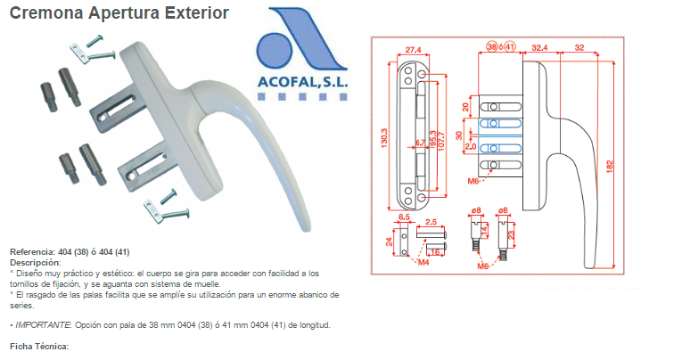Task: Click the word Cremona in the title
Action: pyautogui.click(x=46, y=13)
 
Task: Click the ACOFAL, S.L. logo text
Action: pyautogui.click(x=303, y=81)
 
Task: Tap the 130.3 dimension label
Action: pyautogui.click(x=384, y=138)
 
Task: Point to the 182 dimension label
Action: pyautogui.click(x=610, y=167)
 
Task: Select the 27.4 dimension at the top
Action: pyautogui.click(x=413, y=50)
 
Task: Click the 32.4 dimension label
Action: pyautogui.click(x=539, y=48)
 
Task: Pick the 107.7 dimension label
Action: pyautogui.click(x=442, y=142)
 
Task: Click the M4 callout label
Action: pyautogui.click(x=423, y=262)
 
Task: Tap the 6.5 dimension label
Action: pyautogui.click(x=404, y=217)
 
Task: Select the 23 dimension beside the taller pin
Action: pyautogui.click(x=512, y=234)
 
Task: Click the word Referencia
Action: pyautogui.click(x=33, y=252)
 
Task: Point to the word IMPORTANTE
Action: pyautogui.click(x=43, y=325)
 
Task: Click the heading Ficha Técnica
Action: pyautogui.click(x=39, y=347)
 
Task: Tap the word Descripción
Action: pyautogui.click(x=36, y=263)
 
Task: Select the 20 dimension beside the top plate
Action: pyautogui.click(x=465, y=107)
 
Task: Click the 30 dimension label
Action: pyautogui.click(x=459, y=135)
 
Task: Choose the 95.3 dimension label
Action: pyautogui.click(x=432, y=140)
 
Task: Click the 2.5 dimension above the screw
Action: pyautogui.click(x=431, y=222)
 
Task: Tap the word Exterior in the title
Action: pyautogui.click(x=196, y=13)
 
